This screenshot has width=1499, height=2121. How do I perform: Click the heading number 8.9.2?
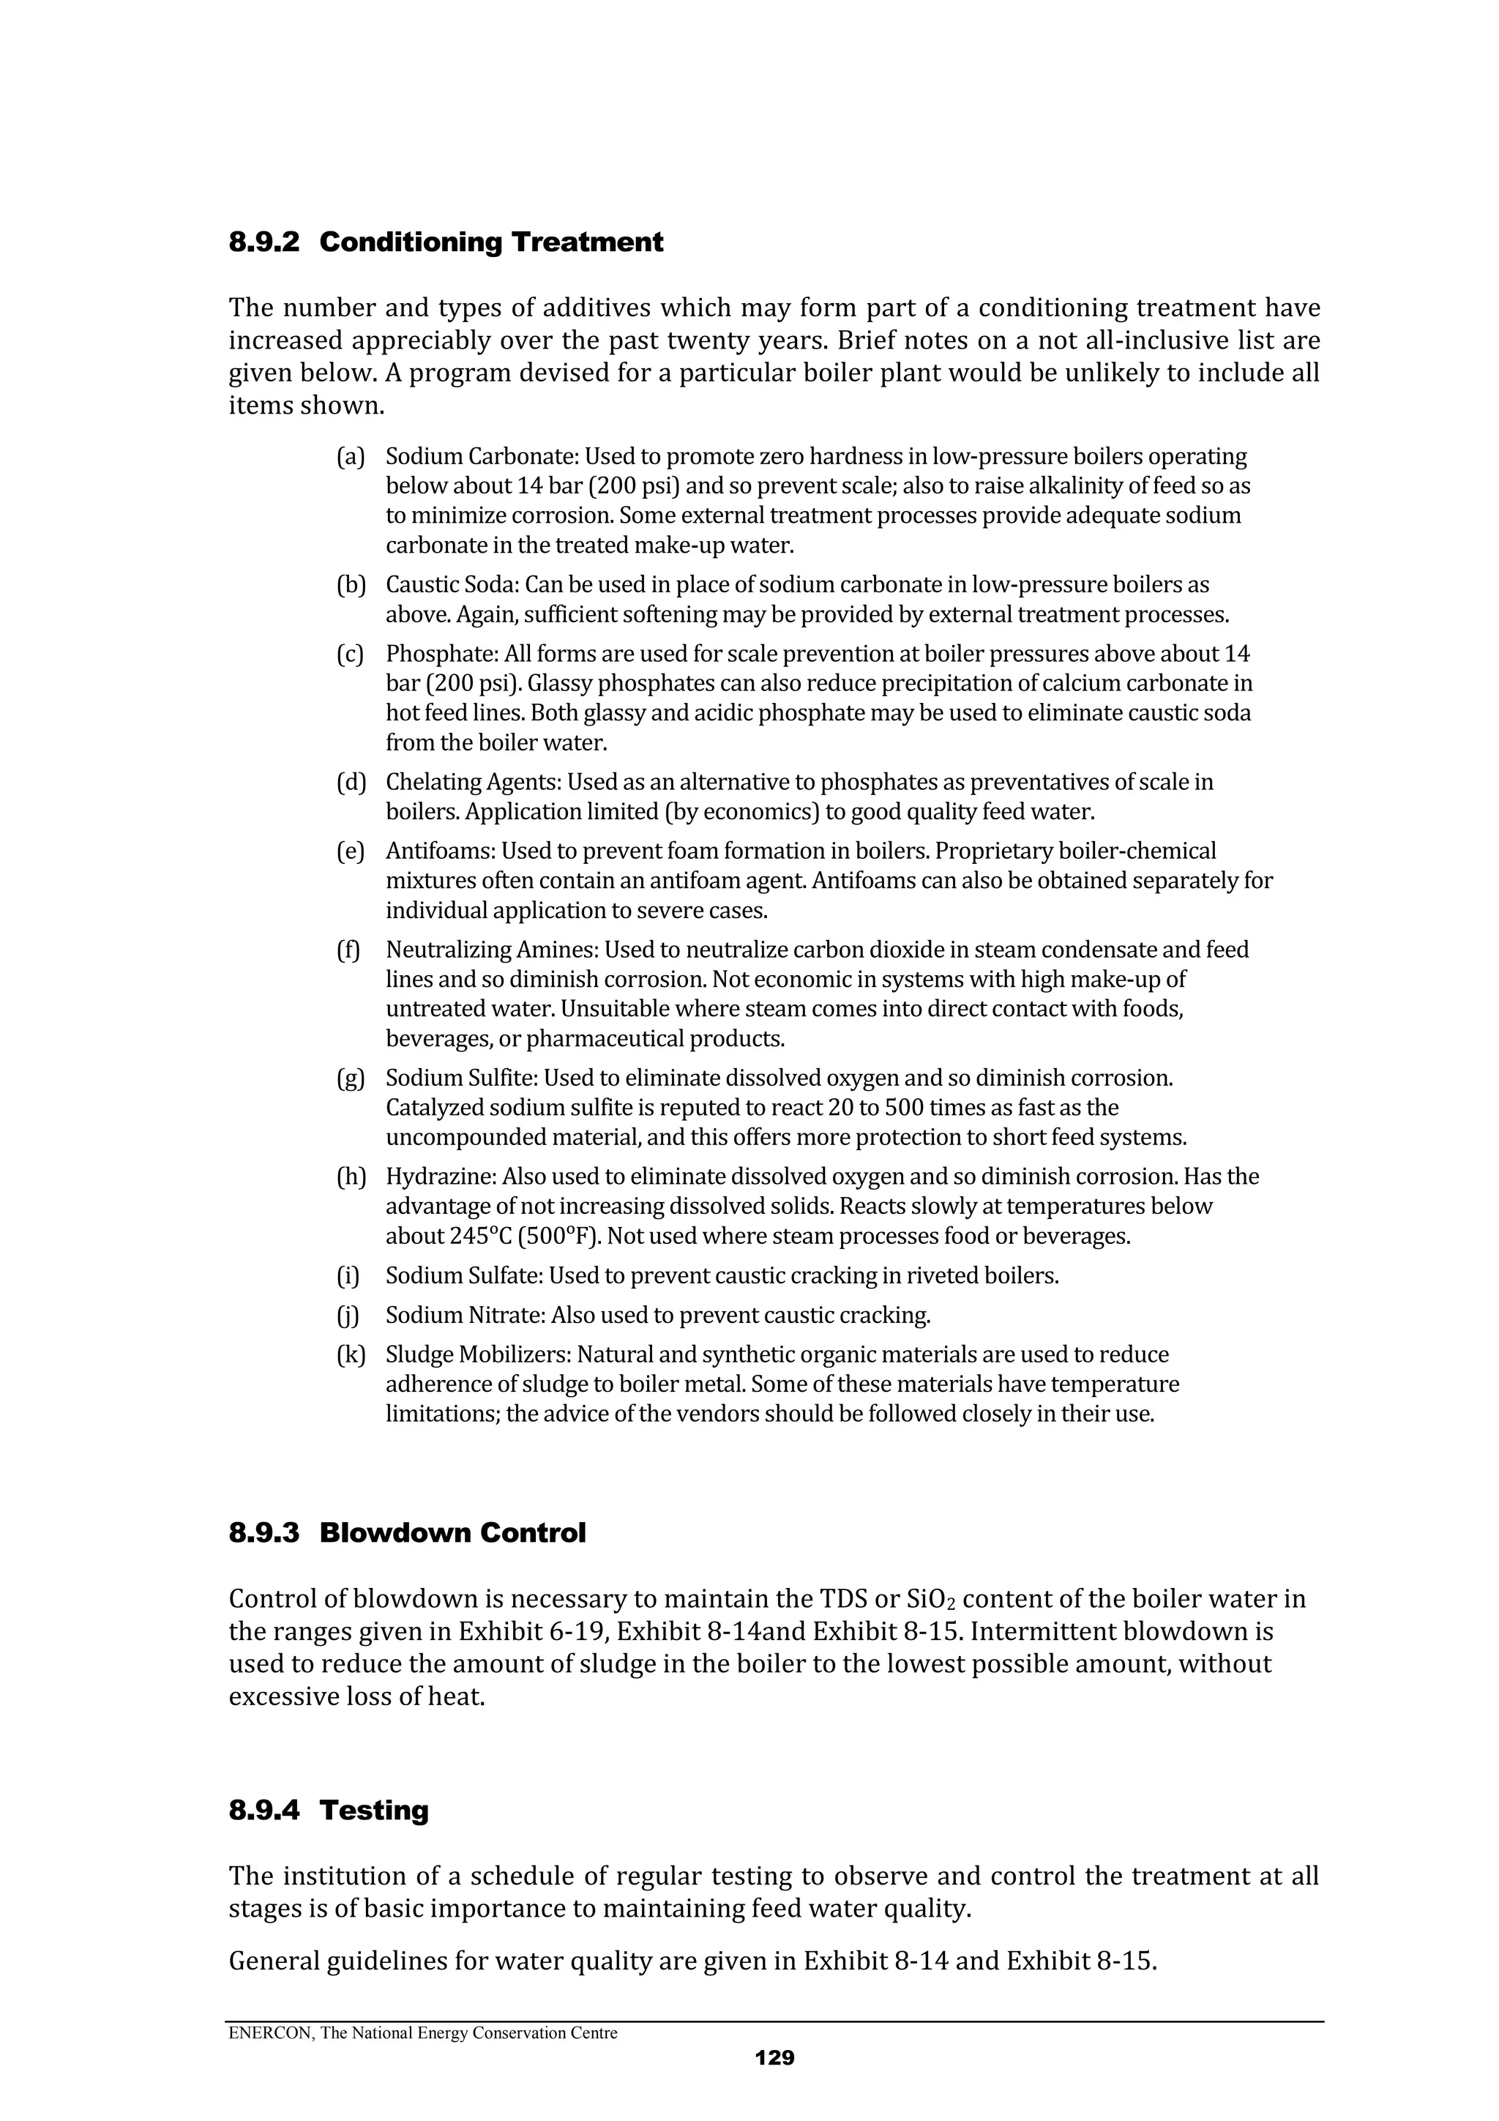pyautogui.click(x=264, y=243)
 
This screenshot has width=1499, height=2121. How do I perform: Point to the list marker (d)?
pyautogui.click(x=350, y=783)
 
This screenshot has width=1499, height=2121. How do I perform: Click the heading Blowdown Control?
pyautogui.click(x=452, y=1534)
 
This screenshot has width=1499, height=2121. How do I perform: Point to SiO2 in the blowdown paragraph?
pyautogui.click(x=932, y=1599)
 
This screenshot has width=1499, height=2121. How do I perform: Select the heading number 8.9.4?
pyautogui.click(x=264, y=1811)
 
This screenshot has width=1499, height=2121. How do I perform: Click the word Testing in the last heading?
pyautogui.click(x=374, y=1811)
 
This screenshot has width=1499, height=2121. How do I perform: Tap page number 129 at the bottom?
pyautogui.click(x=774, y=2057)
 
